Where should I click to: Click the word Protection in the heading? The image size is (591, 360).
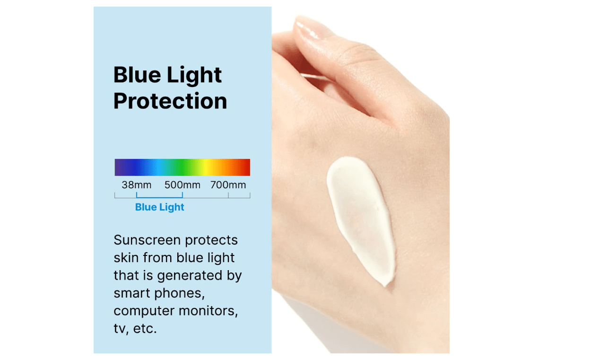click(170, 101)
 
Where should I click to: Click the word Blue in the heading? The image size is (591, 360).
click(137, 75)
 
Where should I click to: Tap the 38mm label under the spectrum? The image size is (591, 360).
click(137, 185)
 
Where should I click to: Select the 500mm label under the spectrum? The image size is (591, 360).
click(183, 185)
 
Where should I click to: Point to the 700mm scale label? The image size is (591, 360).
click(228, 185)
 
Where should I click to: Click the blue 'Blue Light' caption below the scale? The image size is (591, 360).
click(160, 207)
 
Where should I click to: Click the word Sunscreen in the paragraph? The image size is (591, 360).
click(147, 240)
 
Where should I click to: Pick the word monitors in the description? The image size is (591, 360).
click(208, 311)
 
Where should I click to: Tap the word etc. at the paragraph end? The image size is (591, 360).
click(145, 329)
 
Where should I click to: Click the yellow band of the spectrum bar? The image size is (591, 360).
click(207, 167)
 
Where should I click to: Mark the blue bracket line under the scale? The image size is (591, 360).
click(159, 197)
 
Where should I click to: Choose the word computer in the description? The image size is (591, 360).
click(144, 311)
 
